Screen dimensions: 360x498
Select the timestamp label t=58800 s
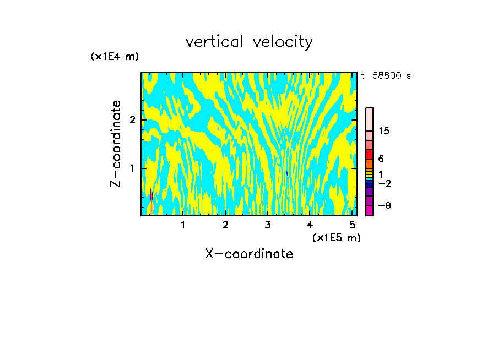(386, 76)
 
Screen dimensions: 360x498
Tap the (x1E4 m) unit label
(115, 57)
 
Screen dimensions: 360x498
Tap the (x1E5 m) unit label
(336, 237)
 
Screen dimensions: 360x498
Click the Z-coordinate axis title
(116, 144)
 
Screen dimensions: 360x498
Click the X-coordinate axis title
(249, 254)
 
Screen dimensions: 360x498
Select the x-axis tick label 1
(183, 225)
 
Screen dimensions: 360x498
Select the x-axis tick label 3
(268, 225)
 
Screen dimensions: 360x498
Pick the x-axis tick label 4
(310, 225)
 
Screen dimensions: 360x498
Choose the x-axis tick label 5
(352, 225)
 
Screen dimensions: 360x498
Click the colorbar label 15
(384, 131)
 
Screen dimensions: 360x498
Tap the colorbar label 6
(381, 159)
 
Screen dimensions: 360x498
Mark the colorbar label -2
(384, 184)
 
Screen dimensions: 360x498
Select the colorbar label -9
(384, 206)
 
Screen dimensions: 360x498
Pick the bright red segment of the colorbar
(369, 154)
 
